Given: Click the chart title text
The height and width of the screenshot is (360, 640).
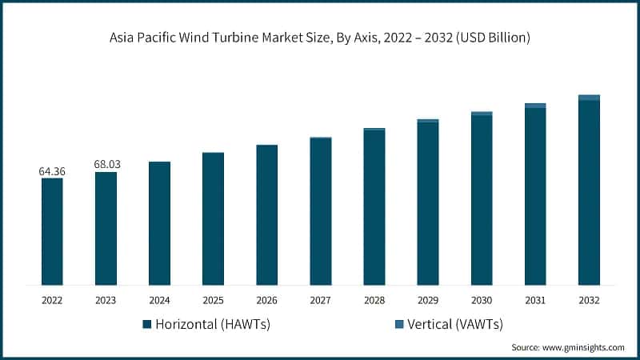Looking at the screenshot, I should (320, 38).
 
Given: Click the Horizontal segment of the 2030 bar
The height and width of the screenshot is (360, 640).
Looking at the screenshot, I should (482, 199).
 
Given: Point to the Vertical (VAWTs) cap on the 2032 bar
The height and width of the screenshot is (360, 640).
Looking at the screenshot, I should (589, 98).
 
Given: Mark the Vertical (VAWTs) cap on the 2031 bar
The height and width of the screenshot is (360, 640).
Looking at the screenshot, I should (535, 106).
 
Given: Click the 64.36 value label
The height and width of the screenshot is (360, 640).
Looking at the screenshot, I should (52, 171).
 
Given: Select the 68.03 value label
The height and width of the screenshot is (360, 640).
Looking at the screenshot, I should (106, 164).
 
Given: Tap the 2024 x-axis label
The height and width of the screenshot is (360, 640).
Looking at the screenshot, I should (159, 300).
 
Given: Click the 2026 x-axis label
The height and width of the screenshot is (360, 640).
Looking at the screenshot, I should (266, 300).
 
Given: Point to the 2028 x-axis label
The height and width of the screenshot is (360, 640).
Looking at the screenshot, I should (374, 300).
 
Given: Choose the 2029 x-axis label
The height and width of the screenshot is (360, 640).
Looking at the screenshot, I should (427, 300).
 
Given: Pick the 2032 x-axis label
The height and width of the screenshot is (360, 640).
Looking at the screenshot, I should (589, 300).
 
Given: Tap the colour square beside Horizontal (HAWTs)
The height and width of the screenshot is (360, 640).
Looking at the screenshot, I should (146, 325).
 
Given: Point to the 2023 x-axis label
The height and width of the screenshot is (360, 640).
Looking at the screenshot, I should (106, 300).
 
